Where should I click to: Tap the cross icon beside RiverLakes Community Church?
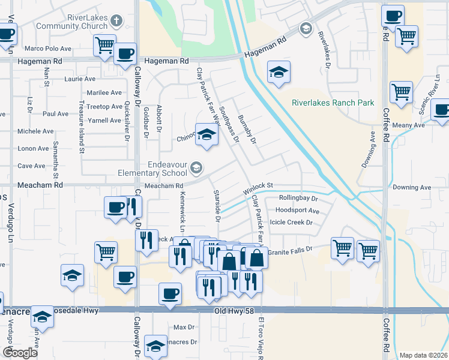pos(116,22)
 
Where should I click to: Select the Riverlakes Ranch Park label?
pos(333,103)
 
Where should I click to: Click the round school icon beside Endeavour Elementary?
pos(196,167)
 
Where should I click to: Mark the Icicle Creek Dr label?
pos(292,222)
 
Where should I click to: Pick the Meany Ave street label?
pos(408,125)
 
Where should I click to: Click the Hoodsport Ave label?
pos(297,211)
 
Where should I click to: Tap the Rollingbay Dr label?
pos(298,197)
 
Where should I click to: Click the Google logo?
pos(20,353)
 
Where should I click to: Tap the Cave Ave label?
pos(31,166)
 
